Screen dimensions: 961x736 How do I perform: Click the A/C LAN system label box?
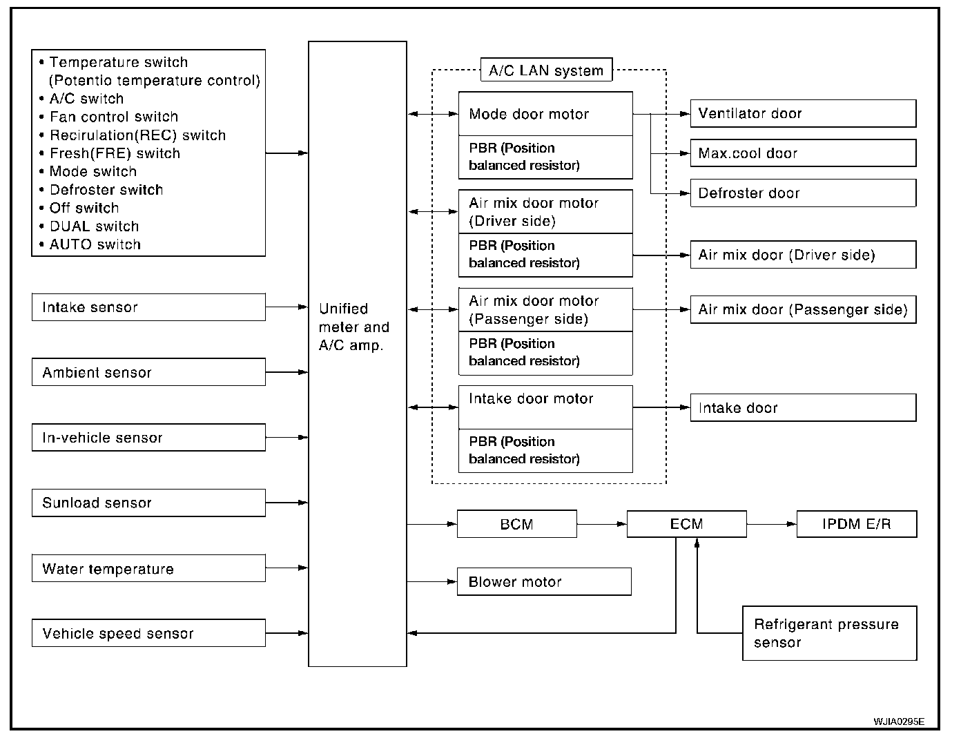tap(546, 70)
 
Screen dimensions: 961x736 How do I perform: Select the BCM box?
tap(516, 523)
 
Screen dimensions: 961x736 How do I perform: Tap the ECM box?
tap(686, 523)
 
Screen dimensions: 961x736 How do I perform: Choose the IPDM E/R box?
tap(857, 523)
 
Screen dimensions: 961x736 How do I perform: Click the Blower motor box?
tap(544, 581)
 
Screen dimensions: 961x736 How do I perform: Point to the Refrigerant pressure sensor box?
tap(829, 633)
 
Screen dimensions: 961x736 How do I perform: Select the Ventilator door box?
tap(803, 113)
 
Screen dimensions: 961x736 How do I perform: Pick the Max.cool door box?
tap(803, 153)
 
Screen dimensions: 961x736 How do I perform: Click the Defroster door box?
tap(803, 193)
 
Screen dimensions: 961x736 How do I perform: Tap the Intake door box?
tap(803, 407)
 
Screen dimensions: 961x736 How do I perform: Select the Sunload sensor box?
tap(148, 503)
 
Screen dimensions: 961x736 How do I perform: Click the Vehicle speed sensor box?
tap(148, 633)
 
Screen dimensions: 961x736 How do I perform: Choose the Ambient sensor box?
tap(148, 372)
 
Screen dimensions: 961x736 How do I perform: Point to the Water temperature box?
tap(148, 568)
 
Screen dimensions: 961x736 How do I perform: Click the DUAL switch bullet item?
tap(89, 226)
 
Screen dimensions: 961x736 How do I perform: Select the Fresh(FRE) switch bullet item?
tap(110, 153)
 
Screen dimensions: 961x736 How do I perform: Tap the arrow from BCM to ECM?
tap(602, 524)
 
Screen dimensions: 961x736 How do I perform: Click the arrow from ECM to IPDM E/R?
tap(772, 524)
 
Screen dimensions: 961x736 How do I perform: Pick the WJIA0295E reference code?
tap(899, 722)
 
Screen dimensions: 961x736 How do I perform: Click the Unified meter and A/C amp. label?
tap(353, 327)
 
